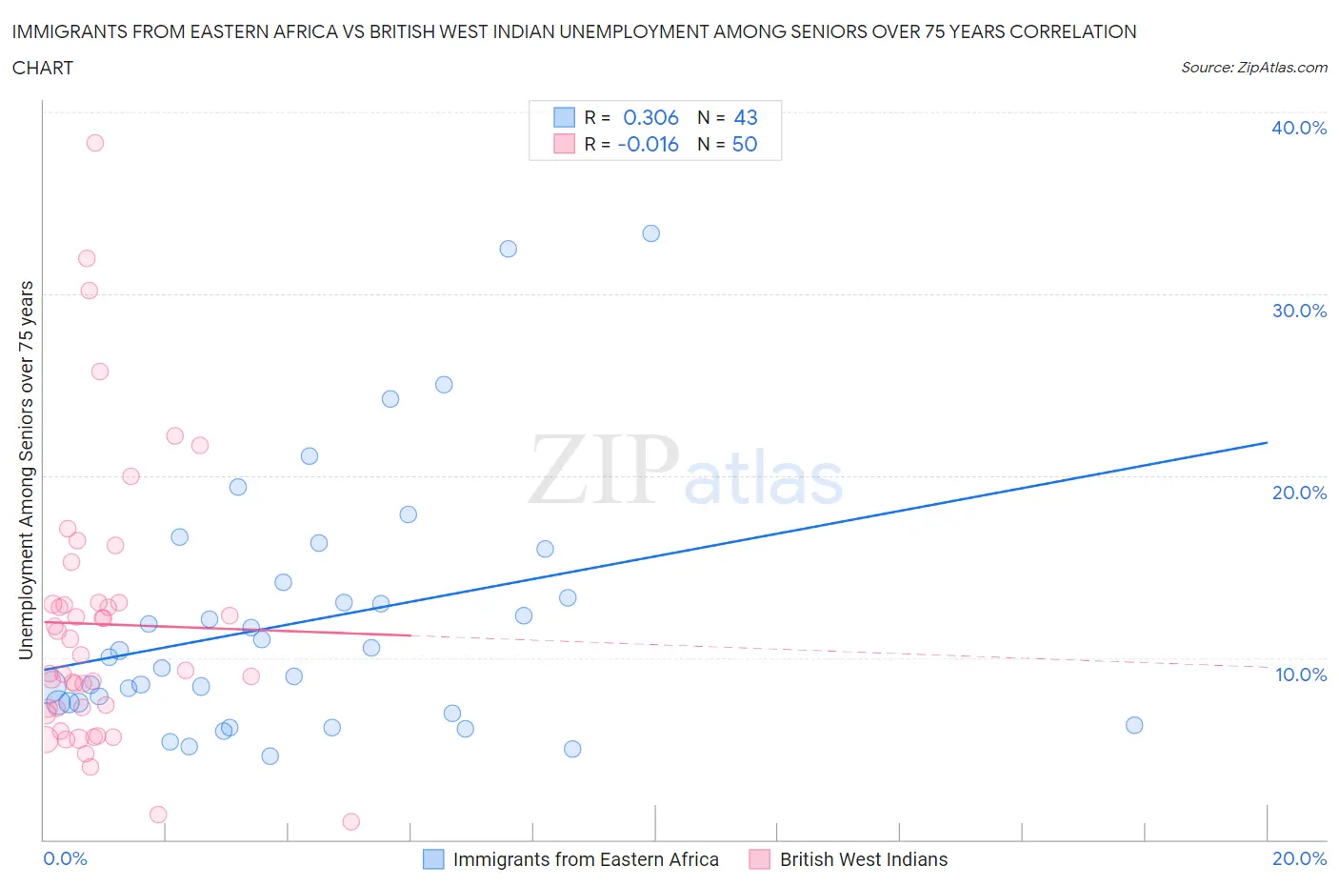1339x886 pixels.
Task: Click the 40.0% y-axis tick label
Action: coord(1298,128)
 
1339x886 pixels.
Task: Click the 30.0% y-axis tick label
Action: coord(1298,311)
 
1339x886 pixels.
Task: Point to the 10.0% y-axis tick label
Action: coord(1300,675)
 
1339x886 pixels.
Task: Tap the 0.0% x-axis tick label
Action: coord(65,858)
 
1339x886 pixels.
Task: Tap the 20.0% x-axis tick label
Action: coord(1299,858)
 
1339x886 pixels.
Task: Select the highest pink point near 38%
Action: coord(95,143)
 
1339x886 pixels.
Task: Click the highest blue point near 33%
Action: coord(651,233)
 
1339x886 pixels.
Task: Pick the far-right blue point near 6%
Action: coord(1134,725)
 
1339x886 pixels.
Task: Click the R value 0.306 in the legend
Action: coord(650,117)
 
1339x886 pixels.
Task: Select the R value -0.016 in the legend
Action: coord(648,144)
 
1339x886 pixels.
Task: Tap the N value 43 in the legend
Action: coord(746,117)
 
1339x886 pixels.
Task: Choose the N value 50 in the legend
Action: coord(745,144)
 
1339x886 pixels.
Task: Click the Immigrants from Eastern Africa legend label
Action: coord(585,859)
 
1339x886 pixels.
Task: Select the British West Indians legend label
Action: coord(863,859)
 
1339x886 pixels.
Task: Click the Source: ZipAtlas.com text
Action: coord(1253,68)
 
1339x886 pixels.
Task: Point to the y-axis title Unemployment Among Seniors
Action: coord(26,470)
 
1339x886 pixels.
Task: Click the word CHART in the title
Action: coord(43,68)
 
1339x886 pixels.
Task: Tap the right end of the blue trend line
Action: coord(1267,442)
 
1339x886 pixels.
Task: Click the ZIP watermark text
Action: coord(605,469)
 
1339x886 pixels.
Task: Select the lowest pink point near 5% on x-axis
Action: coord(350,821)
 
